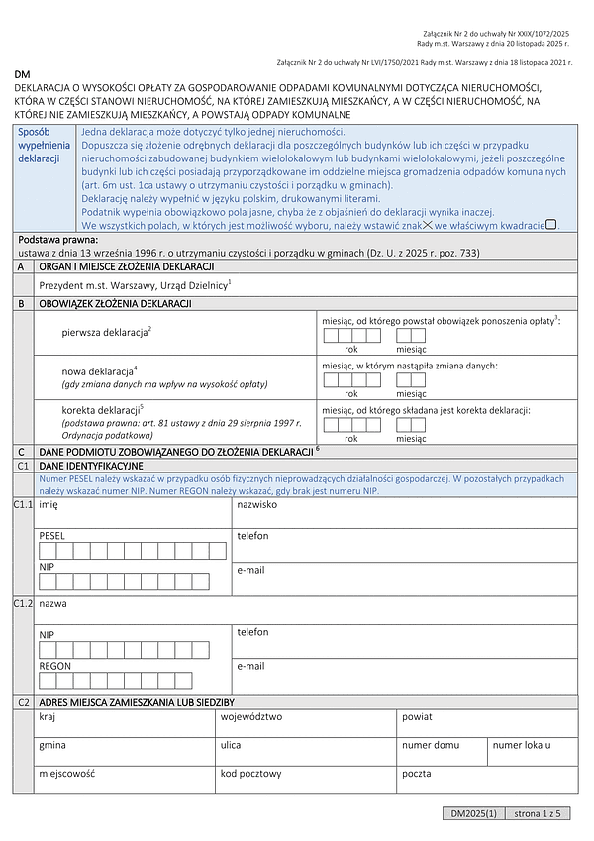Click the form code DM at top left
pos(22,76)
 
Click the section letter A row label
pos(22,267)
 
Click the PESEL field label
pos(52,536)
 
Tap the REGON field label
pos(55,667)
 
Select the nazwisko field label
pos(256,504)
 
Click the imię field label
pos(49,504)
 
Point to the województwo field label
pos(251,715)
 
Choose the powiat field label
pos(417,715)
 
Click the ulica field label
pos(231,744)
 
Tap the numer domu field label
pos(431,744)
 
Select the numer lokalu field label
pos(522,744)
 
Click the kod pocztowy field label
pos(251,774)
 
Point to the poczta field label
pos(417,774)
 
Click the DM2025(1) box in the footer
pos(473,813)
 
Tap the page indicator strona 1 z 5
pos(538,813)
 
